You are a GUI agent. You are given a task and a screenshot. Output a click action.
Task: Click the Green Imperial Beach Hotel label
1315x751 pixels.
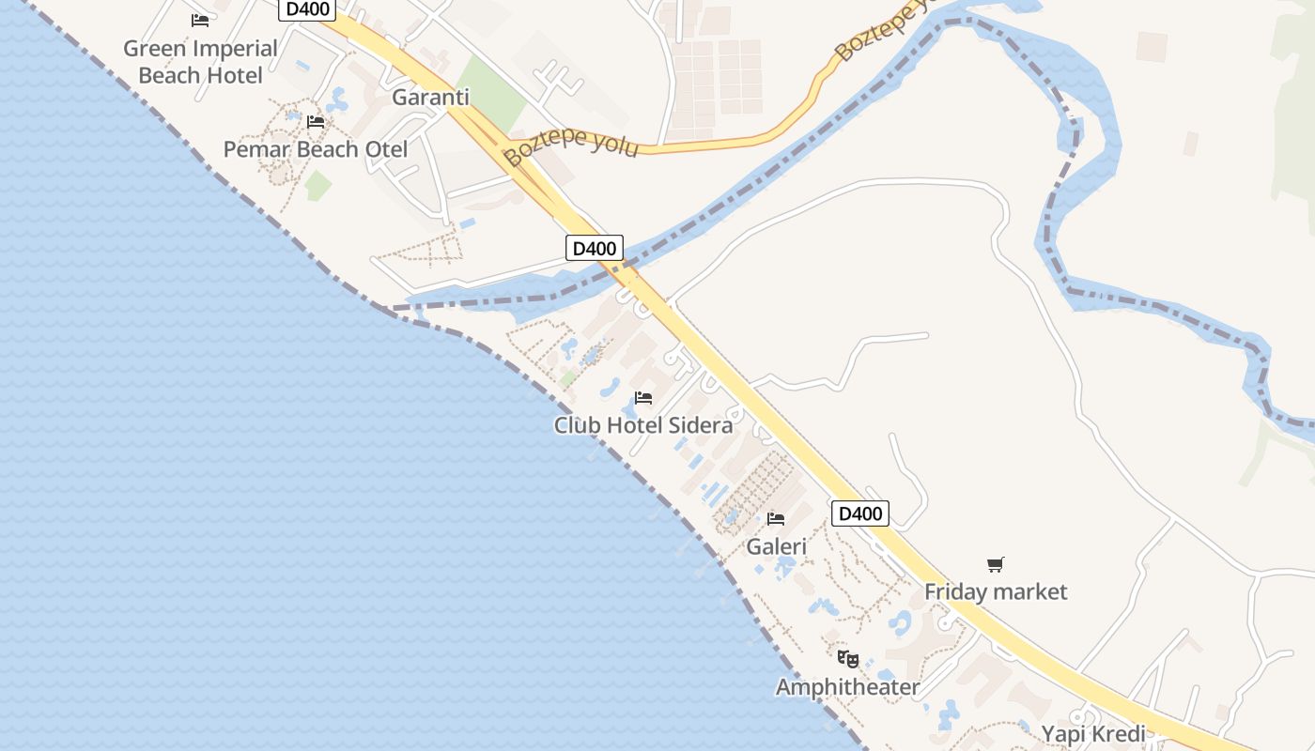[200, 62]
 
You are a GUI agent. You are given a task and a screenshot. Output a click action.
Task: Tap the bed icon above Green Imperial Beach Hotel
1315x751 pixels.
[200, 20]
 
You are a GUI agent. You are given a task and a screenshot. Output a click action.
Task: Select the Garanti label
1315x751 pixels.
[430, 98]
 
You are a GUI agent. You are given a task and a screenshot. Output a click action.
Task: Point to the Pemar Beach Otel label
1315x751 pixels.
[316, 149]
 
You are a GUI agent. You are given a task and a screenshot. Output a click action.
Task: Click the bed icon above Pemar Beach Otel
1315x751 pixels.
[316, 122]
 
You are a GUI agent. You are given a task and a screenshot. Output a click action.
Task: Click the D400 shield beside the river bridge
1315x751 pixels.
[595, 249]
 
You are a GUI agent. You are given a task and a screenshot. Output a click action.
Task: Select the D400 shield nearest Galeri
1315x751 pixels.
[859, 513]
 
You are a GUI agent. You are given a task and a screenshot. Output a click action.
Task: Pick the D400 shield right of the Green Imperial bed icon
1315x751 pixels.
[307, 9]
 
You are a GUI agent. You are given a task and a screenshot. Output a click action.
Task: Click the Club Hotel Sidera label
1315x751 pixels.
[643, 425]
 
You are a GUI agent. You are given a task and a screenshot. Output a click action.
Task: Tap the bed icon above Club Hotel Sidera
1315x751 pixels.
[643, 398]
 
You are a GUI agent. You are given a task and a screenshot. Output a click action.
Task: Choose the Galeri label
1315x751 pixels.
[776, 546]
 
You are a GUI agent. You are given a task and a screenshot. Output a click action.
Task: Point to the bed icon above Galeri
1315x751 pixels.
[776, 518]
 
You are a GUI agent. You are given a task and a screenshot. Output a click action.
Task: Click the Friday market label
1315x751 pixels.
[996, 591]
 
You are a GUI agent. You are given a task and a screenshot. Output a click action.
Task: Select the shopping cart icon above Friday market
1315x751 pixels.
[996, 564]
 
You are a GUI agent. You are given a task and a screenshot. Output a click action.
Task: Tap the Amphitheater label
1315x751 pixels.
[847, 687]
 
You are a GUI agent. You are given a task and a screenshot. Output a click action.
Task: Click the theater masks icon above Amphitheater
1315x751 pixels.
[847, 659]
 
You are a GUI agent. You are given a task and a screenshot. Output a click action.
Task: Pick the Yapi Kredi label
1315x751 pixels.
[1093, 734]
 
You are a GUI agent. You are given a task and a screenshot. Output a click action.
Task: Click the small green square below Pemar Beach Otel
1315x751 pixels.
[317, 185]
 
